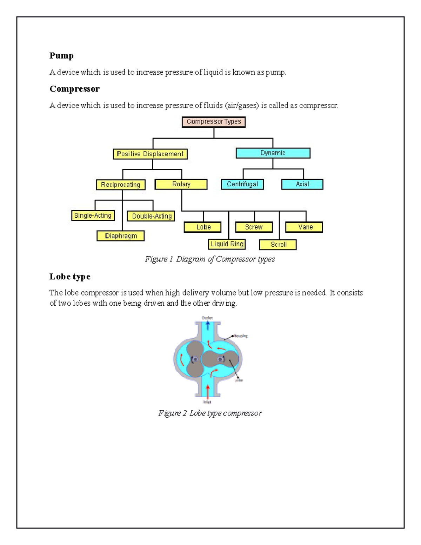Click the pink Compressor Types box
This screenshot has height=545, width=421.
pyautogui.click(x=214, y=122)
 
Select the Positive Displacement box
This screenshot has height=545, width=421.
pyautogui.click(x=150, y=154)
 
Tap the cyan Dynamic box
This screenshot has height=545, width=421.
pyautogui.click(x=273, y=153)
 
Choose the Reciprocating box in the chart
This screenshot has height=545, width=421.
pyautogui.click(x=121, y=185)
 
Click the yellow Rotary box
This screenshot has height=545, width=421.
pyautogui.click(x=181, y=184)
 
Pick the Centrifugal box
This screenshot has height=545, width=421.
pyautogui.click(x=242, y=184)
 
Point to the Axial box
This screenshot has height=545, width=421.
pyautogui.click(x=302, y=184)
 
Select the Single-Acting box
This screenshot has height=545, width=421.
pyautogui.click(x=93, y=215)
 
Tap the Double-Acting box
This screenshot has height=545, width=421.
pyautogui.click(x=151, y=216)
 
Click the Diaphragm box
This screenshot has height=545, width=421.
pyautogui.click(x=121, y=236)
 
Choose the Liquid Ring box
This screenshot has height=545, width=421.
pyautogui.click(x=227, y=244)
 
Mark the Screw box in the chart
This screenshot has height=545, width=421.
pyautogui.click(x=254, y=227)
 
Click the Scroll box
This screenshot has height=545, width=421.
pyautogui.click(x=278, y=245)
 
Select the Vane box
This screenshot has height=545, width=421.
pyautogui.click(x=304, y=227)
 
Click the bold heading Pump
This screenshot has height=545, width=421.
pyautogui.click(x=61, y=55)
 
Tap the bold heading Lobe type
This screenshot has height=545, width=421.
pyautogui.click(x=70, y=277)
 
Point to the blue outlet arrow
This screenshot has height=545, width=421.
pyautogui.click(x=208, y=325)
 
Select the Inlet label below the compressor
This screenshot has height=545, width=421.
pyautogui.click(x=207, y=402)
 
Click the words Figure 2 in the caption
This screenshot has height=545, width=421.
pyautogui.click(x=172, y=413)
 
